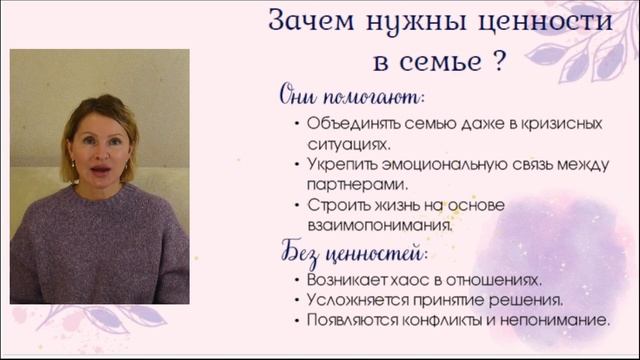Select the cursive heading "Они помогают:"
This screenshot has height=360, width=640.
[351, 97]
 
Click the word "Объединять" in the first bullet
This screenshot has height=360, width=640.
[348, 124]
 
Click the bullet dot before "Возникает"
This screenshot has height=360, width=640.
[297, 280]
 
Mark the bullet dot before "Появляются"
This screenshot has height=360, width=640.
[297, 321]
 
